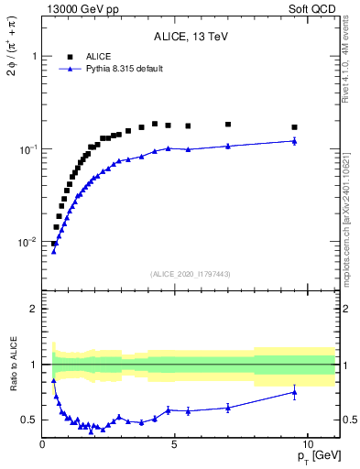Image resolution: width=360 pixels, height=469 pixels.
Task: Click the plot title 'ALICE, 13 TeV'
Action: [191, 37]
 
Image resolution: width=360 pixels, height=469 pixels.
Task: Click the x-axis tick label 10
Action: [307, 443]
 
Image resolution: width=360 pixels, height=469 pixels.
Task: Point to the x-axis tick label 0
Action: [43, 443]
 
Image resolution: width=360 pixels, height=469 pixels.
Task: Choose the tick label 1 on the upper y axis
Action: [33, 56]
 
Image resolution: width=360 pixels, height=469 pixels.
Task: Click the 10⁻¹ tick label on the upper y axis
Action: [27, 148]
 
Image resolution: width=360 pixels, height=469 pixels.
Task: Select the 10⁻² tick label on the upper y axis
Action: [27, 242]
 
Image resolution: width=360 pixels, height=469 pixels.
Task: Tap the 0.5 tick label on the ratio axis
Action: [29, 420]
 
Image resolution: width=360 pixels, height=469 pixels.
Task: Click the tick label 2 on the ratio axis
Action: [34, 309]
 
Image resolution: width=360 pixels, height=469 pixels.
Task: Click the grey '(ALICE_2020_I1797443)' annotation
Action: [191, 274]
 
